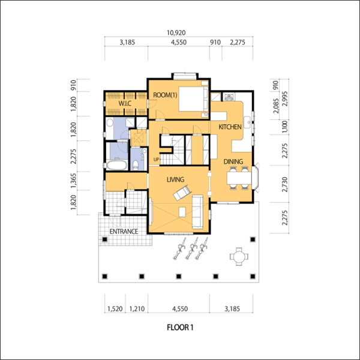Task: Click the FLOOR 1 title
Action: coord(180,327)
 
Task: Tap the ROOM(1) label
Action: coord(165,95)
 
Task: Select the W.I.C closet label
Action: coord(125,103)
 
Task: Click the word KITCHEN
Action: coord(230,127)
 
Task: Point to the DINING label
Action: coord(233,161)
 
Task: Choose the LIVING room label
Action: coord(175,179)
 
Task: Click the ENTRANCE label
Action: coord(124,232)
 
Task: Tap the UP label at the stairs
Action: coord(156,160)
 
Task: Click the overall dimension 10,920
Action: coord(176,33)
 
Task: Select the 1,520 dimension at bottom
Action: coord(115,309)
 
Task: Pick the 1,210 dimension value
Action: coord(137,309)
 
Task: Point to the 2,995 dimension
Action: coord(284,99)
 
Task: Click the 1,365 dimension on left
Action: coord(73,181)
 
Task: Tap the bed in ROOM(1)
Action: coord(193,99)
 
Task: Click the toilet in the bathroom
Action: coord(136,165)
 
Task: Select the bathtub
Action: coord(116,165)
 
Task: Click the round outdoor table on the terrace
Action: coord(239,256)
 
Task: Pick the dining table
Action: coord(239,178)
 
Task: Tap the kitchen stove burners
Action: coord(229,97)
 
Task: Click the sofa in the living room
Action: coord(197,212)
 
